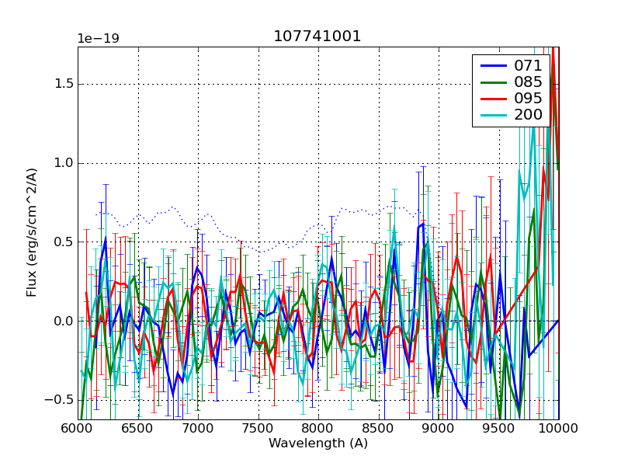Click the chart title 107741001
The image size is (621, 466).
pyautogui.click(x=317, y=37)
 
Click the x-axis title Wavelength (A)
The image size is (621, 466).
pyautogui.click(x=318, y=443)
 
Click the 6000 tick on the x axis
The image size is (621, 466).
pyautogui.click(x=78, y=428)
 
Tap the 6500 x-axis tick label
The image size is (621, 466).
pyautogui.click(x=138, y=428)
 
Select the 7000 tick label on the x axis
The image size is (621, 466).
pyautogui.click(x=198, y=428)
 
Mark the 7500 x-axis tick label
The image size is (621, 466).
pyautogui.click(x=258, y=428)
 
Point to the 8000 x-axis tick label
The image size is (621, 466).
pyautogui.click(x=318, y=428)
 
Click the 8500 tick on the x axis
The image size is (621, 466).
pyautogui.click(x=379, y=428)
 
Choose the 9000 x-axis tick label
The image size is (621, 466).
pyautogui.click(x=439, y=428)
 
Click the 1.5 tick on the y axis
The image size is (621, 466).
pyautogui.click(x=63, y=84)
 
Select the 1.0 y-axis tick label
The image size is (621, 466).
pyautogui.click(x=63, y=163)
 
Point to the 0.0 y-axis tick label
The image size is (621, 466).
pyautogui.click(x=63, y=321)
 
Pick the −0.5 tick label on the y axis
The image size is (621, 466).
pyautogui.click(x=59, y=400)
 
